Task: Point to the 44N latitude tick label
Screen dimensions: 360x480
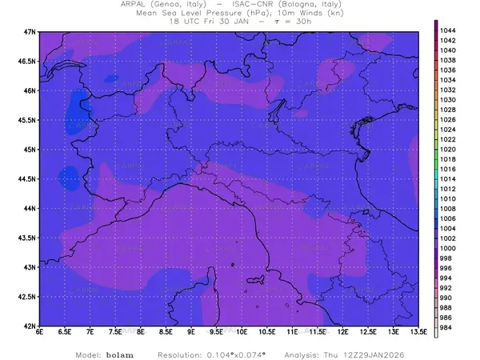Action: tap(30, 208)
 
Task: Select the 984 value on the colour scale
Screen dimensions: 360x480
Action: tap(447, 327)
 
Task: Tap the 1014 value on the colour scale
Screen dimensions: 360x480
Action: tap(449, 178)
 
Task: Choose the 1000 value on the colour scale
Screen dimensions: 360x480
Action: tap(449, 248)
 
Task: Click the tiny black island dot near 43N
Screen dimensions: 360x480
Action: tap(232, 264)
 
